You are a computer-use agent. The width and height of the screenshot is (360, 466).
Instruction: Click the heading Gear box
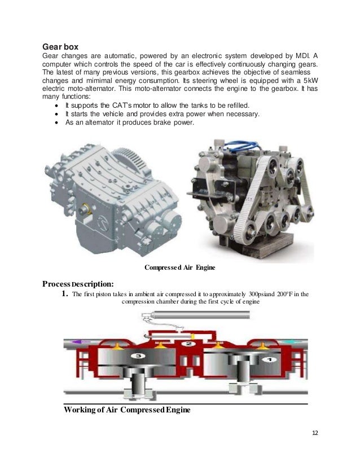tap(62, 46)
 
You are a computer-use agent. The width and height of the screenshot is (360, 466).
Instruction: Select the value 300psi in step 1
tap(264, 294)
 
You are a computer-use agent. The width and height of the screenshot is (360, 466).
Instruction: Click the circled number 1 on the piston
tap(269, 359)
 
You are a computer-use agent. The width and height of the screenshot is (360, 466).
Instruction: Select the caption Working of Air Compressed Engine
tap(128, 410)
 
